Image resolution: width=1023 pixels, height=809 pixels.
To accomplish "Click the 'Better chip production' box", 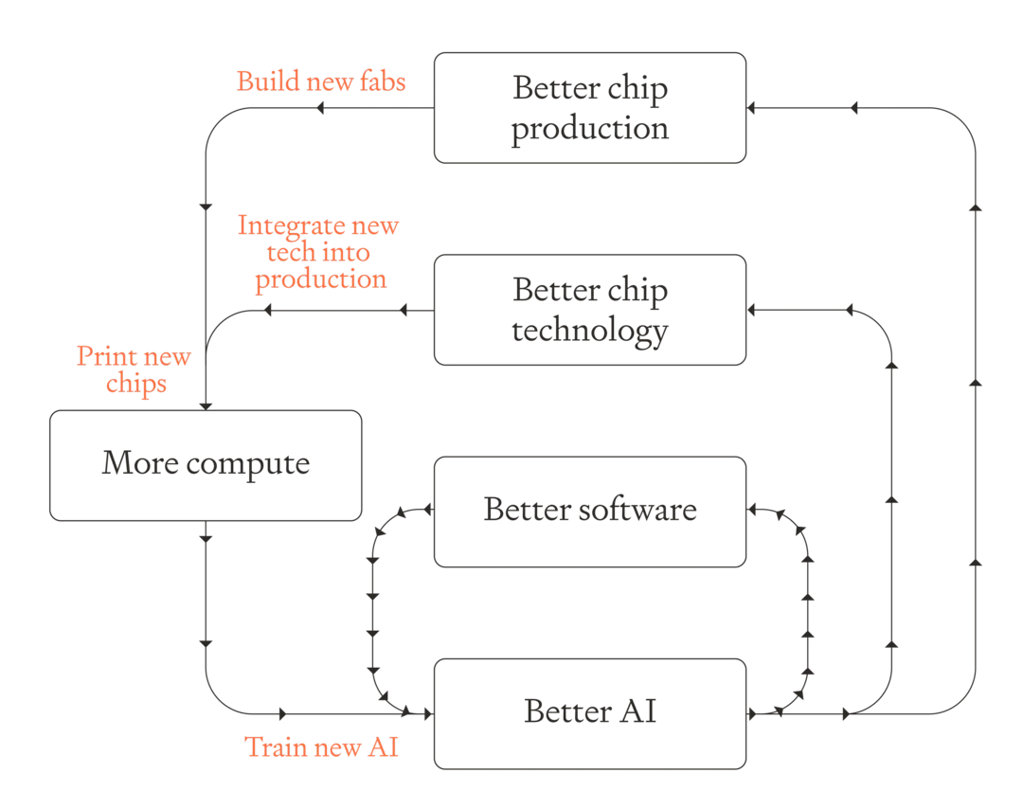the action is tap(590, 108).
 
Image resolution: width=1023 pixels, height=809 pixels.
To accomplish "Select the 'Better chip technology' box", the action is tap(590, 310).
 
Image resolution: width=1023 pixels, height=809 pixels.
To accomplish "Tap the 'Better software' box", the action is tap(590, 512).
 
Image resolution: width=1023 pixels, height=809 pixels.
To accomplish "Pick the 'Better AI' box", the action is tap(590, 713).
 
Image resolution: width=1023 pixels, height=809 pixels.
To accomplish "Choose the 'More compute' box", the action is tap(206, 465).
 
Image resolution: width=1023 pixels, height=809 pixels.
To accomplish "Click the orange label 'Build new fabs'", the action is tap(321, 81).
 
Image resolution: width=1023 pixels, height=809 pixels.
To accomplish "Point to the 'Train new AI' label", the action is tap(321, 746).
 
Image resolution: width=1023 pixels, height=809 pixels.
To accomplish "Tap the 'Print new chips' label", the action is tap(134, 369).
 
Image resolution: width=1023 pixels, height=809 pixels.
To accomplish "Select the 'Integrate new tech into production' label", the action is tap(318, 253).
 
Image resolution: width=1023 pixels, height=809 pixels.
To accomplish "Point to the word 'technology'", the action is tap(590, 330).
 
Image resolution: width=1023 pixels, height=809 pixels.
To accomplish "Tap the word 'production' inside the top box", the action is tap(590, 129).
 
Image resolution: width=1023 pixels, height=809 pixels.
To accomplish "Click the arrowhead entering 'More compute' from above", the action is tap(206, 405).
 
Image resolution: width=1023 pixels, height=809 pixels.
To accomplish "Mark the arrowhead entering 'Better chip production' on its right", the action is tap(751, 108).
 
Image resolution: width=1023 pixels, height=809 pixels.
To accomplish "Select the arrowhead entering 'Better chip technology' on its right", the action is tap(751, 310).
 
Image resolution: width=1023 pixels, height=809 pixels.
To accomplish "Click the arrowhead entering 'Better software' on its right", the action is tap(751, 509).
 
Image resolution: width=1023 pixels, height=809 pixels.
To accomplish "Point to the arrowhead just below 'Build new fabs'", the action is tap(320, 108).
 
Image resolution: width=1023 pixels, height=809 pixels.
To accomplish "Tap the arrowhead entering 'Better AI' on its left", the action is tap(429, 714).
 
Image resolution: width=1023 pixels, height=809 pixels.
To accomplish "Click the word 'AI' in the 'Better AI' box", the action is tap(637, 710).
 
